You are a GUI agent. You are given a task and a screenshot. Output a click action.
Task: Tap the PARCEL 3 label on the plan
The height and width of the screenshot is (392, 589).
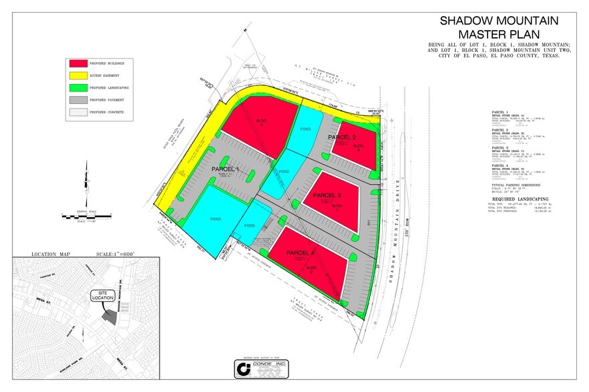click(327, 195)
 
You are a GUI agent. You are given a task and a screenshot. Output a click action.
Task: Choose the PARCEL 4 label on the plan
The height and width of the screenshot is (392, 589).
click(300, 253)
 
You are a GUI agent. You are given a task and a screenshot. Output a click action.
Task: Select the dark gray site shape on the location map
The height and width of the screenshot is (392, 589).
click(110, 318)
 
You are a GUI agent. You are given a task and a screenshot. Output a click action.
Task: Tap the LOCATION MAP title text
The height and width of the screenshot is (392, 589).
click(53, 254)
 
